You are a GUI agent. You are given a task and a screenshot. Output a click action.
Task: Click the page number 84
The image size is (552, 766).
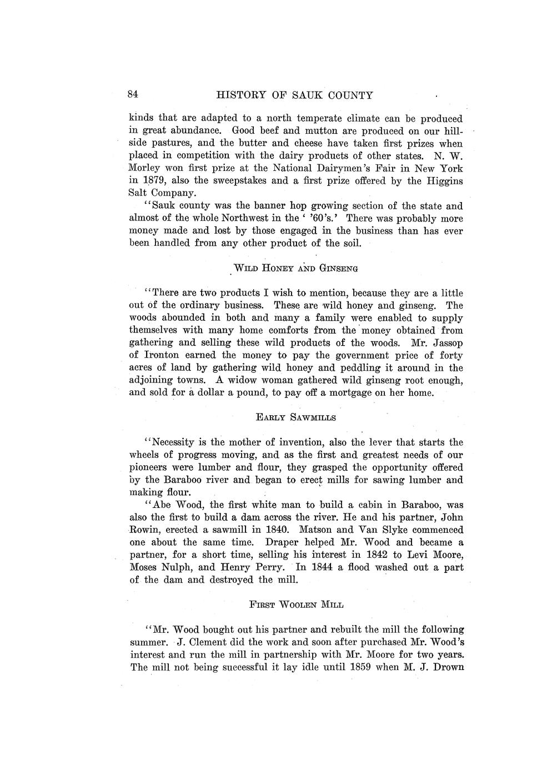(x=133, y=94)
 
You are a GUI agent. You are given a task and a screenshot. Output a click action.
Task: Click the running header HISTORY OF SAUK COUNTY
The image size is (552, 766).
(x=294, y=95)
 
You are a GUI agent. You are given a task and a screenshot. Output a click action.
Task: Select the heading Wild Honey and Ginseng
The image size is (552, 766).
(x=295, y=268)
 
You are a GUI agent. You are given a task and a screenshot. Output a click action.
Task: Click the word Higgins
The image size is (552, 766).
(x=444, y=181)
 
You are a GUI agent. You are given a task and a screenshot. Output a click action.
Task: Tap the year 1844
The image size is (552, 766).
(x=324, y=568)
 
